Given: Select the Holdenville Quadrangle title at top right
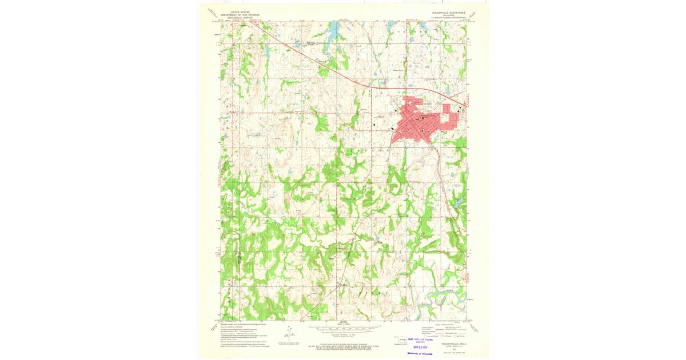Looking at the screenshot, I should tap(449, 12).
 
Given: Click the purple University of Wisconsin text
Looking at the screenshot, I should tap(420, 354).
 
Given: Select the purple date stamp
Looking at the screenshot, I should tap(421, 347).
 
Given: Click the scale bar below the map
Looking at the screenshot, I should tap(343, 328).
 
